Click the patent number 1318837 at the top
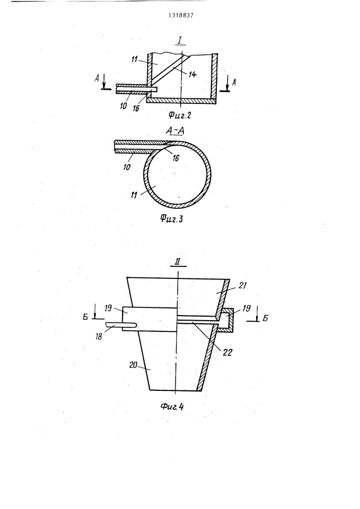point(180,15)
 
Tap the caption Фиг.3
point(172,218)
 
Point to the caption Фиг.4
point(172,406)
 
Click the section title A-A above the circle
point(175,130)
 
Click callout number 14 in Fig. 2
point(192,74)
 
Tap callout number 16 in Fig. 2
point(135,108)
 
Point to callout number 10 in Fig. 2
point(123,106)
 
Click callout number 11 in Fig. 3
point(134,195)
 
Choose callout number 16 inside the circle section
point(175,158)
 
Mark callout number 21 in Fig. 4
point(242,286)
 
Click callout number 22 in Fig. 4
point(228,352)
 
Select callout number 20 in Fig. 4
point(133,364)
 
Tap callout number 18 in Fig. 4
point(99,336)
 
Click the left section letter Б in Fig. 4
point(86,318)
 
